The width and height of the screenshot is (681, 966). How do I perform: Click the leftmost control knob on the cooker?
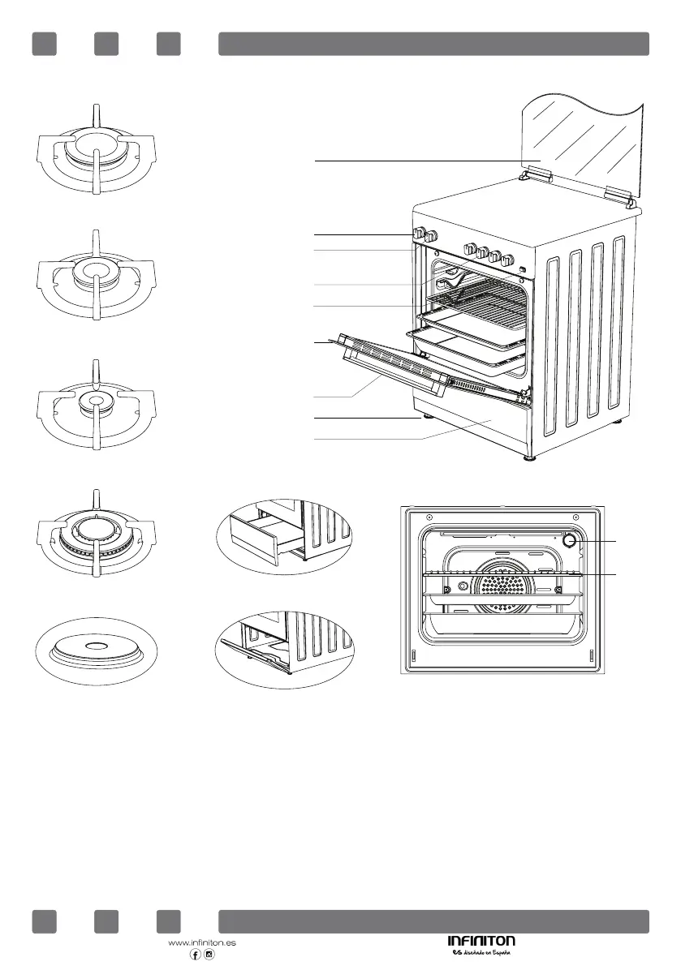(420, 234)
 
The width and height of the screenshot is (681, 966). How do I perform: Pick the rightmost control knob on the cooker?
(508, 261)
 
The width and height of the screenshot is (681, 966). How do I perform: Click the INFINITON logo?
(481, 941)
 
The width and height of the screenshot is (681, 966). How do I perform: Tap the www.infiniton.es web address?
(201, 943)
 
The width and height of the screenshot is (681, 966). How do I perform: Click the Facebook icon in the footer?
(195, 955)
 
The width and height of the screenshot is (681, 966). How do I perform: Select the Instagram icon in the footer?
(209, 955)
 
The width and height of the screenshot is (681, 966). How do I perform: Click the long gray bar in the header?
(433, 44)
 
